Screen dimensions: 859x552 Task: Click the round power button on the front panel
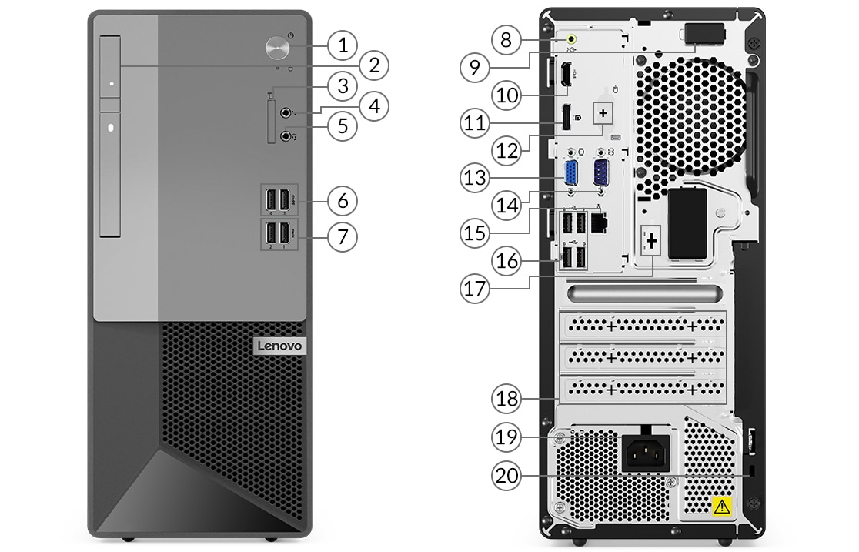(278, 47)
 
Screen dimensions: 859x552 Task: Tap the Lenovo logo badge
(280, 346)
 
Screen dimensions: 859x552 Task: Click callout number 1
(343, 45)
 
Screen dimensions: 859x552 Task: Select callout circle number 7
(343, 237)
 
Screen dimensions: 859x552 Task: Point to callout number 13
(474, 178)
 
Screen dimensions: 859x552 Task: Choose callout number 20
(506, 475)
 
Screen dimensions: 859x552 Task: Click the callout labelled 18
(506, 399)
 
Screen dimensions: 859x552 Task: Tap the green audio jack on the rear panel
(571, 39)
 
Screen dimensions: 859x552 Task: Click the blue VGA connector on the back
(571, 175)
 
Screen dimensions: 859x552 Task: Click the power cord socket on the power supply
(647, 452)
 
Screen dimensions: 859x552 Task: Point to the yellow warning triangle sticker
(722, 506)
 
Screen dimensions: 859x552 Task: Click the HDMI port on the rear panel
(566, 75)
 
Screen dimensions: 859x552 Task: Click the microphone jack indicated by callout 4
(286, 113)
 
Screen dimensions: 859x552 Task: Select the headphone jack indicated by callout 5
(286, 135)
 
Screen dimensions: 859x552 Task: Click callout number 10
(506, 95)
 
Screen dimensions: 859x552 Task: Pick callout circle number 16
(506, 260)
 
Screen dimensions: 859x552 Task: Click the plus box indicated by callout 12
(603, 113)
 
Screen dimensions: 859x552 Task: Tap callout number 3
(343, 85)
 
